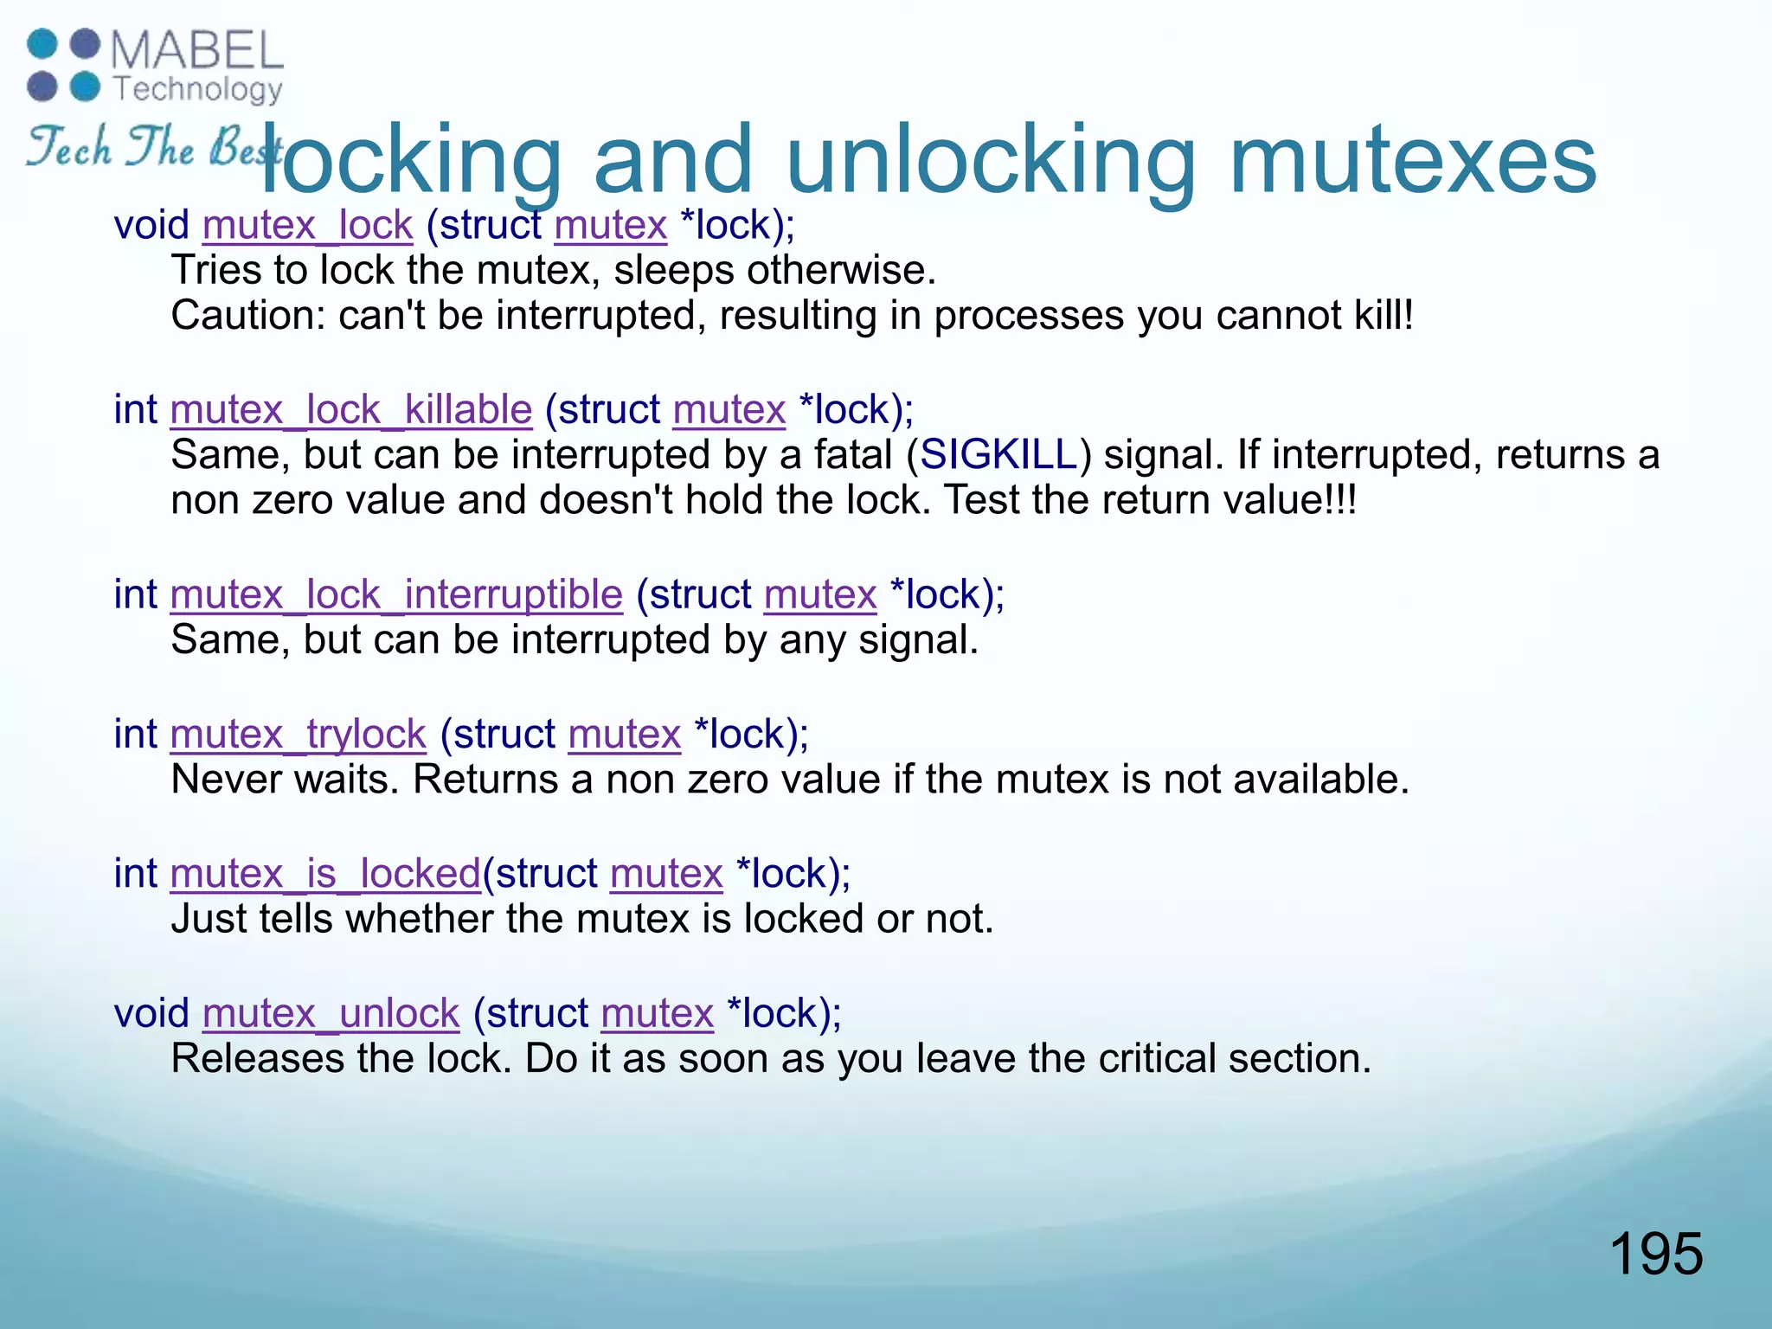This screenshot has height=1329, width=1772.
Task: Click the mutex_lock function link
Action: (307, 225)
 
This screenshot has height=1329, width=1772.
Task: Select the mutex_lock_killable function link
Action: (350, 409)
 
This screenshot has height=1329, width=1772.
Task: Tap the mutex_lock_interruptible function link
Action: (396, 594)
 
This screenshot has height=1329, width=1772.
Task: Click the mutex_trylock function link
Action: (298, 735)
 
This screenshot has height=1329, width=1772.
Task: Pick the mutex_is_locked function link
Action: (325, 874)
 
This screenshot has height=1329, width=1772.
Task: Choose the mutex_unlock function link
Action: (331, 1013)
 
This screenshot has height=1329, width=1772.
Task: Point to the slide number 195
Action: (1655, 1254)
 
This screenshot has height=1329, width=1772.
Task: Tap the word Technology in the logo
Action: (198, 89)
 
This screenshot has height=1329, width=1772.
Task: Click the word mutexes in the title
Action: (1412, 160)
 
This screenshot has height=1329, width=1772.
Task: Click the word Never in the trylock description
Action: (227, 780)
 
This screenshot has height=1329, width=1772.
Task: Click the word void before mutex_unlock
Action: (151, 1013)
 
